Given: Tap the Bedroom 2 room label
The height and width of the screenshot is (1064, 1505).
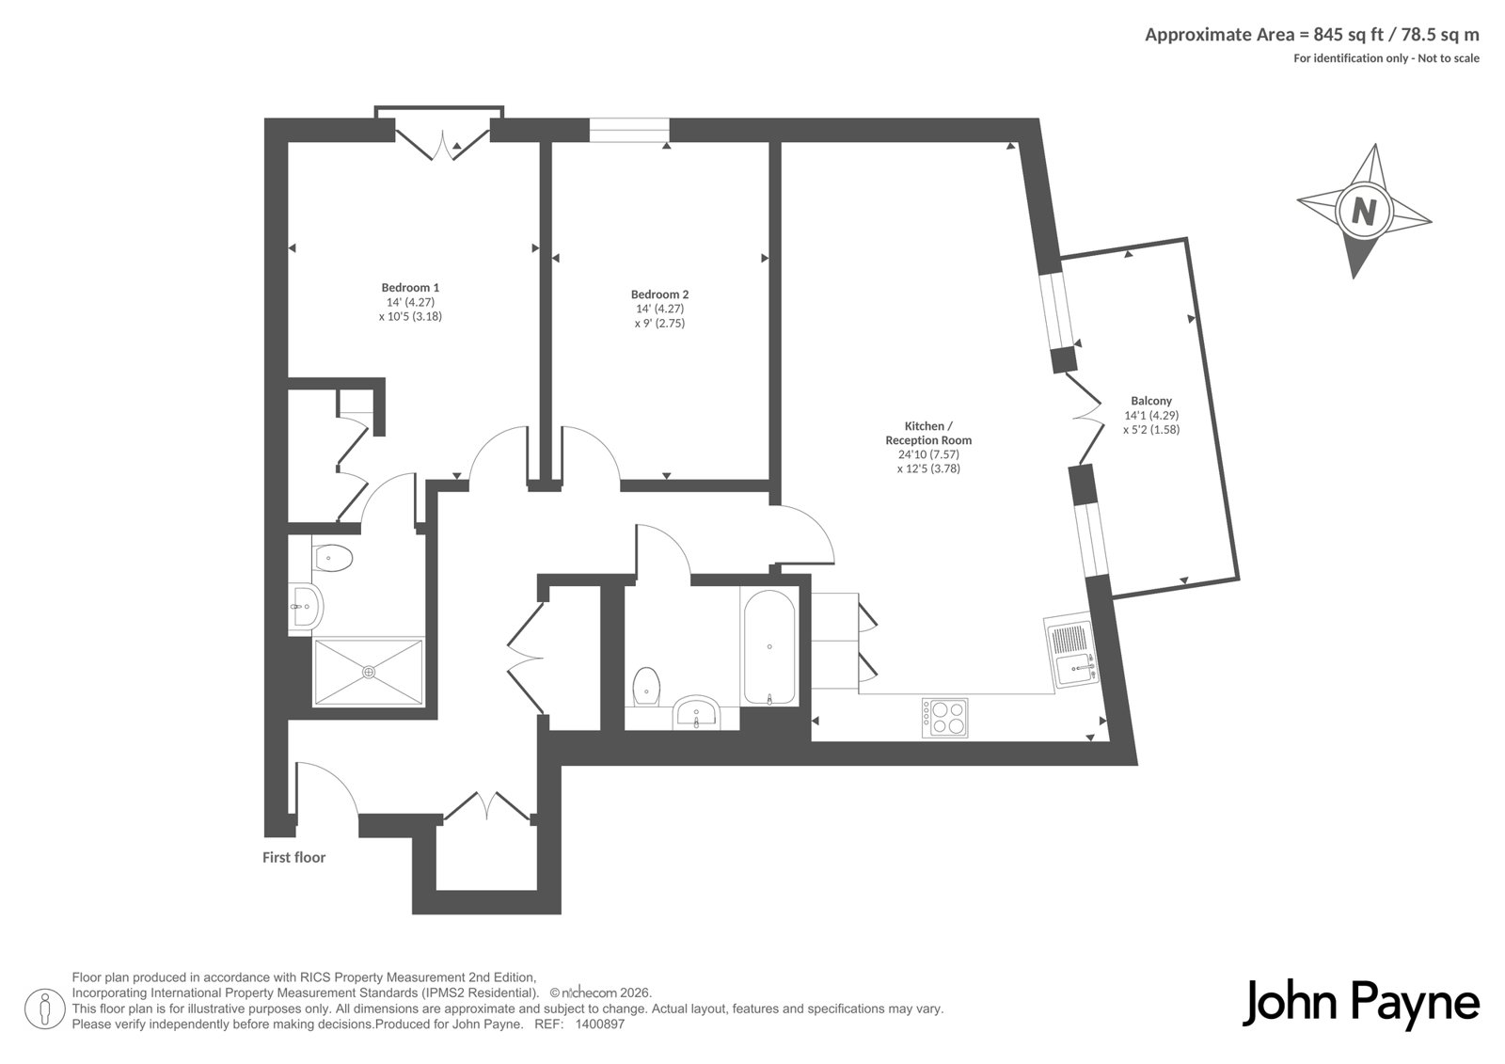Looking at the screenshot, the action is (659, 294).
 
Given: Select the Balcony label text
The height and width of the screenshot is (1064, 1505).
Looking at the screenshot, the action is (1151, 401).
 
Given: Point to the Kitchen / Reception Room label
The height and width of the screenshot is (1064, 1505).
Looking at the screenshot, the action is (928, 433).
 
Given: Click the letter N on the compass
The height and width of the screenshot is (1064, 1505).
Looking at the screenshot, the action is (1363, 212).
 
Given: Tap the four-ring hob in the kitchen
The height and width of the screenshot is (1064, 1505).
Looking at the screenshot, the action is (944, 719).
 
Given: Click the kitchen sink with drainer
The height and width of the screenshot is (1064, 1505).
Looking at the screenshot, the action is (1071, 652).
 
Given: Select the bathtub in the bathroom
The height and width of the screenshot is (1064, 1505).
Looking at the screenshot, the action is (769, 647).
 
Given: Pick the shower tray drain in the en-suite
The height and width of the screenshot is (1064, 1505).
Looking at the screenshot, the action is (368, 672).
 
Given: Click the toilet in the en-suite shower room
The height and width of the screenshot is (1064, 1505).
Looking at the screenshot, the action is (332, 558).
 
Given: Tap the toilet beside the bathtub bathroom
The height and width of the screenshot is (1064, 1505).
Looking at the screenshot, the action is (646, 687).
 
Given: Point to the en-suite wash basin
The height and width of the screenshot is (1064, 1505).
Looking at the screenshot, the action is (306, 607).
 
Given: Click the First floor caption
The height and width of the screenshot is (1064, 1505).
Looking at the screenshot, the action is (293, 858).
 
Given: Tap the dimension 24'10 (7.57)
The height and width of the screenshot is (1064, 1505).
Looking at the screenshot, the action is (928, 454).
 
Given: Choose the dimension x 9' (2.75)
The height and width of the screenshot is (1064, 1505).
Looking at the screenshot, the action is (659, 324).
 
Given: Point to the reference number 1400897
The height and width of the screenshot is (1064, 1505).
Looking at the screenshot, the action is (599, 1024).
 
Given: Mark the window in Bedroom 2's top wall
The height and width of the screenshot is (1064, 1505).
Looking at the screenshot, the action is (629, 130).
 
